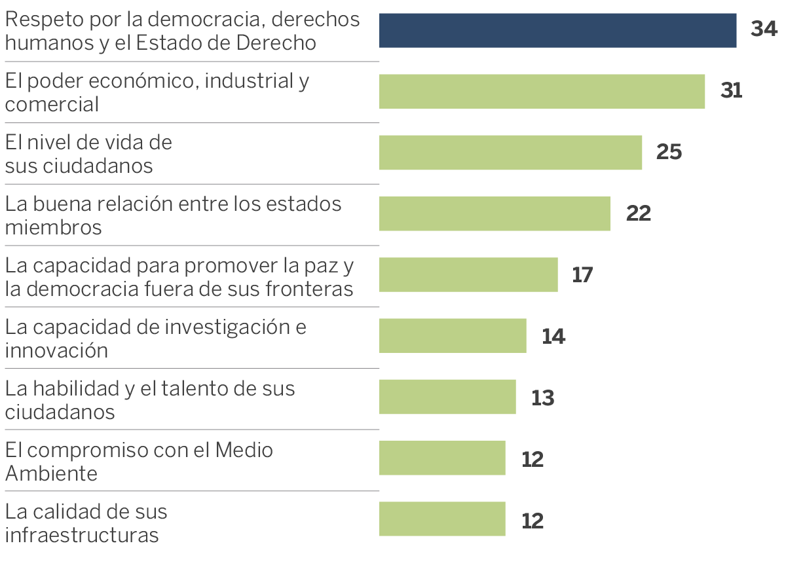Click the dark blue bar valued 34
click(557, 31)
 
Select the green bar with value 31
click(542, 92)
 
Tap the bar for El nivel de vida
click(510, 153)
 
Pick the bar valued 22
click(495, 213)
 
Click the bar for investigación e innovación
click(453, 336)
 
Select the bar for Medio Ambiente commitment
click(442, 458)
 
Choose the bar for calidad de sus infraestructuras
click(442, 519)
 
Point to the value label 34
click(764, 29)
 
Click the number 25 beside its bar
click(669, 152)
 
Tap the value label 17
click(582, 274)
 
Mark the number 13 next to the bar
click(543, 397)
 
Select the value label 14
click(553, 336)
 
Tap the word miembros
click(53, 227)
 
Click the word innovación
click(56, 350)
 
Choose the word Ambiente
click(51, 473)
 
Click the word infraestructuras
click(82, 535)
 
